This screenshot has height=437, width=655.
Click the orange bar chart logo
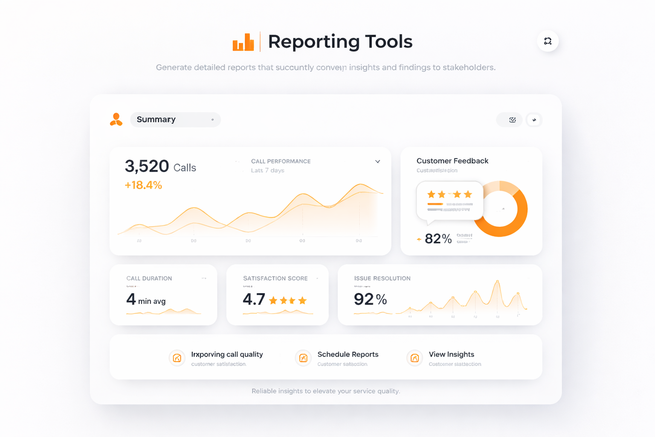(x=243, y=42)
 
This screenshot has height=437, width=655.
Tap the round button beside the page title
(x=548, y=41)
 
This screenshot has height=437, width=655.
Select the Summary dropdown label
(x=156, y=119)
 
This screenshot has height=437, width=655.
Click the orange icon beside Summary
(x=116, y=119)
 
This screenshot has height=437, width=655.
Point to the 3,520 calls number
(x=147, y=166)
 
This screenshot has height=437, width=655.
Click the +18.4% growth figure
(x=143, y=185)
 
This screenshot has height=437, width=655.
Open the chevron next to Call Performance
(x=377, y=161)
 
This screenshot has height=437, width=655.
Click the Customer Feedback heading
(x=452, y=161)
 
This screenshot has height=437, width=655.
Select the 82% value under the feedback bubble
(x=438, y=239)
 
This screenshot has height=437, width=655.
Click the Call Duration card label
(x=149, y=278)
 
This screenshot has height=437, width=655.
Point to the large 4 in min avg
(x=131, y=299)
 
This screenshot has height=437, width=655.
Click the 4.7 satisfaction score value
(x=254, y=300)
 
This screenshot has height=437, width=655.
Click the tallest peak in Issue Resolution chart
(x=497, y=282)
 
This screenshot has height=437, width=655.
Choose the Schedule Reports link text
(x=348, y=354)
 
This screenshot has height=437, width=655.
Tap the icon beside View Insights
(x=414, y=358)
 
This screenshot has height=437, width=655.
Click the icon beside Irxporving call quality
(x=177, y=358)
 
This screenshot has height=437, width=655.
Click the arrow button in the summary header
(x=534, y=120)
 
